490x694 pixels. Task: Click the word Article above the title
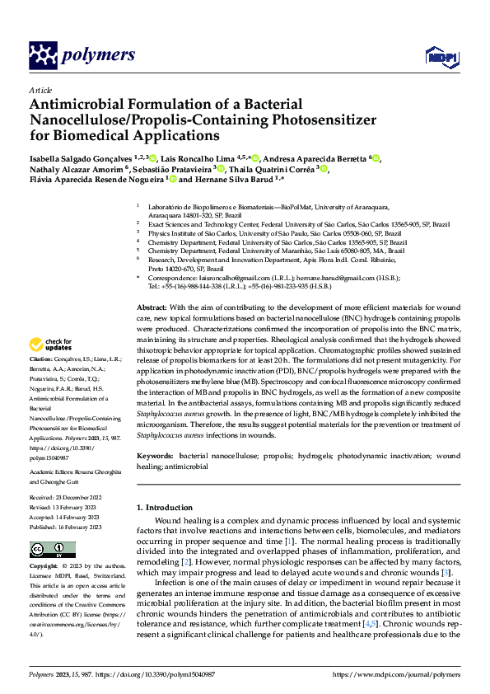(40, 89)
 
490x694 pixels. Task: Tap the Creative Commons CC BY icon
(48, 548)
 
